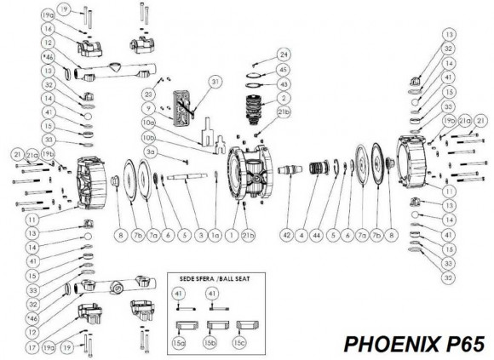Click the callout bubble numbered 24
(284, 53)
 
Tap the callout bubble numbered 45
(284, 70)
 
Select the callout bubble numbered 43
(284, 83)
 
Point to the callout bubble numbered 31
(215, 82)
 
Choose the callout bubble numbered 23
(149, 94)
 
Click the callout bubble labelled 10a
(149, 123)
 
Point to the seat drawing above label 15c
(247, 324)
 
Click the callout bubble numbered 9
(149, 108)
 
